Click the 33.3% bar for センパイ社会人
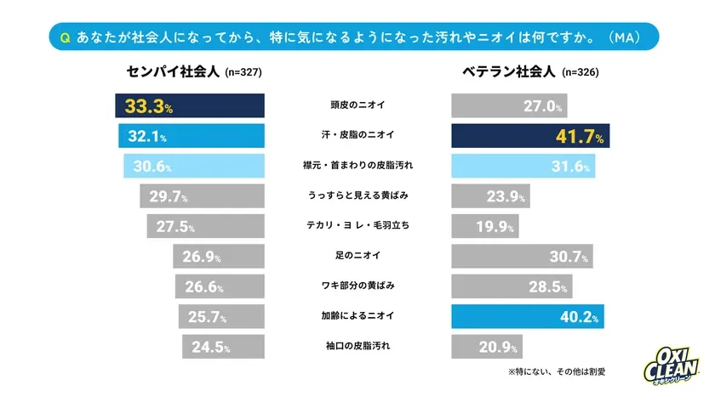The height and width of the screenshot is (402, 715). [190, 106]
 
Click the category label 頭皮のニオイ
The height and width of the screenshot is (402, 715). [357, 106]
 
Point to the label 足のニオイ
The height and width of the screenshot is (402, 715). [357, 256]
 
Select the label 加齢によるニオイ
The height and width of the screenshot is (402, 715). [357, 317]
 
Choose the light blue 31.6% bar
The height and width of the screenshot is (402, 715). [521, 166]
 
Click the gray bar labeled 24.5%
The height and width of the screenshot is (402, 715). [223, 347]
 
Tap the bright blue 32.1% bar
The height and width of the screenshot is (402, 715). [192, 136]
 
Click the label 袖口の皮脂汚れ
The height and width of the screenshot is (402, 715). [357, 347]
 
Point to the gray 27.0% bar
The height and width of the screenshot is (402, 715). [508, 106]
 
